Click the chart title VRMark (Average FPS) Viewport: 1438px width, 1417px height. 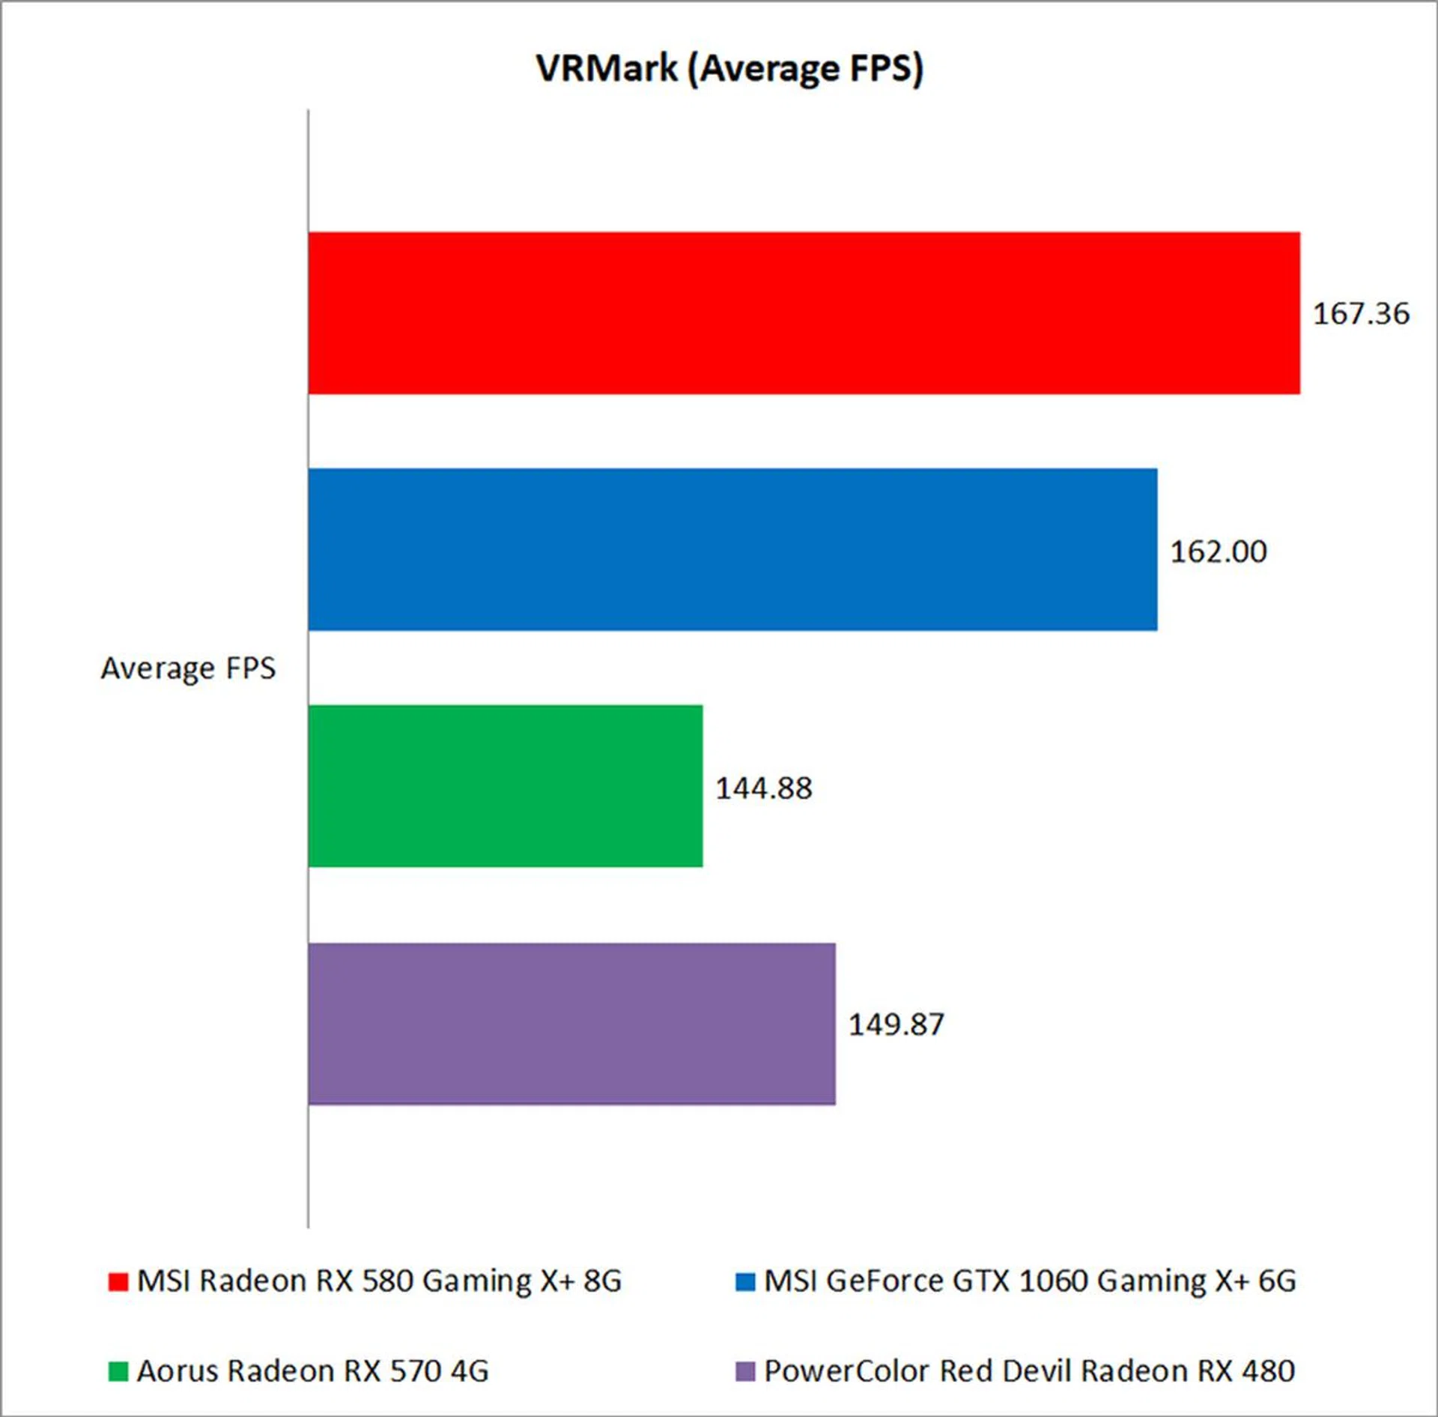(x=729, y=69)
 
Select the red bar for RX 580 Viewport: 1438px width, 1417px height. (x=804, y=312)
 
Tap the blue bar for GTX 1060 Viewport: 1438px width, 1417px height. (x=732, y=549)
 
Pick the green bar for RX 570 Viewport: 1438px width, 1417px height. (x=506, y=786)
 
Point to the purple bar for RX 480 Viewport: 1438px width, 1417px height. (x=571, y=1024)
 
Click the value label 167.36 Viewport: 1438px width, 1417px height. (x=1361, y=314)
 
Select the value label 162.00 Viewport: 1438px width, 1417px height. (x=1219, y=552)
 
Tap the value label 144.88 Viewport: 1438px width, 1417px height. (x=763, y=788)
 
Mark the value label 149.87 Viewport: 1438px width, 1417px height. (x=896, y=1024)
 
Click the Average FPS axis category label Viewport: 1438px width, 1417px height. (x=188, y=668)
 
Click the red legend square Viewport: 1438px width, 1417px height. (x=118, y=1281)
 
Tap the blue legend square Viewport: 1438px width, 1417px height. (x=745, y=1281)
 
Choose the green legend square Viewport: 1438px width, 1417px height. (x=118, y=1371)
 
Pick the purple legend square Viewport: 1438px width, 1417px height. (x=745, y=1371)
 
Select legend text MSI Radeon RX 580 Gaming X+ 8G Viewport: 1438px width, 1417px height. (x=379, y=1281)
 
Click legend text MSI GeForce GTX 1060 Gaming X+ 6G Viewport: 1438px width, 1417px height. (x=1030, y=1281)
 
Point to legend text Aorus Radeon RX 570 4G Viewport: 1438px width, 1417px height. (x=312, y=1371)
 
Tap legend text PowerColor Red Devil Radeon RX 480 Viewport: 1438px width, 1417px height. (x=1029, y=1371)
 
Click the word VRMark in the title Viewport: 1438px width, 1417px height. (x=607, y=69)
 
